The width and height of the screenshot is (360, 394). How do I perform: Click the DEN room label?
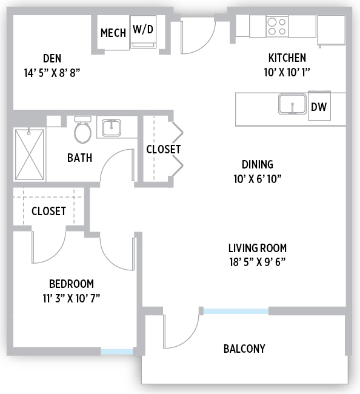coord(52,58)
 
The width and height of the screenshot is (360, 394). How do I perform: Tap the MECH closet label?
coord(113,33)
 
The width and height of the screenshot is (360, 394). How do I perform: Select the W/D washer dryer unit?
coord(143,32)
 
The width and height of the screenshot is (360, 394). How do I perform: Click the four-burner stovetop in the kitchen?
coord(277,27)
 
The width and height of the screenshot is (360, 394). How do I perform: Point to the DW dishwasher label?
coord(319,107)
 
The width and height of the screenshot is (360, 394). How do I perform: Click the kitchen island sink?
coord(292,104)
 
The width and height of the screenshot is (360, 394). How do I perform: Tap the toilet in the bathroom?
coord(82,130)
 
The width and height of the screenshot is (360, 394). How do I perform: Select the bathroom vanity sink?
coord(112,128)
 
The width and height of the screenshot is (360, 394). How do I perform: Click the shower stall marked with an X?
coord(29,155)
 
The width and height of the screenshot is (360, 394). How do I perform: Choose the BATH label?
coord(79,158)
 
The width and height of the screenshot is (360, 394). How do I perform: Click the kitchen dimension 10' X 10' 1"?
coord(287,72)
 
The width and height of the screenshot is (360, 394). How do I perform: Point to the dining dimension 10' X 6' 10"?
coord(258,179)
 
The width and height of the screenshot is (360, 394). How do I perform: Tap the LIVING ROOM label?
coord(258,248)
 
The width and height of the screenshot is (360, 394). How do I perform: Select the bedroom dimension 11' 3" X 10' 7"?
coord(72,298)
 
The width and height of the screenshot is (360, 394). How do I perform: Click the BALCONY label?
coord(244,349)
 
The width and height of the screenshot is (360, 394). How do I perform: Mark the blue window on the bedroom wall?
coord(117,352)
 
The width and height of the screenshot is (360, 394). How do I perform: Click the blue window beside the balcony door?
coord(236,312)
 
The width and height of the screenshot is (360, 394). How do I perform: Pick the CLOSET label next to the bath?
coord(163,149)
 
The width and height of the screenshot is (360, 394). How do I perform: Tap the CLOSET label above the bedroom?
coord(48,211)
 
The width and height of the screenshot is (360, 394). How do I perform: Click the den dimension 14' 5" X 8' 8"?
coord(52,73)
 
